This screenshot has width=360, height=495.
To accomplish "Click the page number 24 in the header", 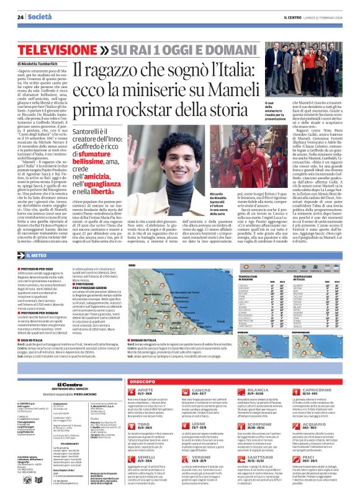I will [20, 17].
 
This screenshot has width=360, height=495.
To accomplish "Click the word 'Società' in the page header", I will [41, 17].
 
